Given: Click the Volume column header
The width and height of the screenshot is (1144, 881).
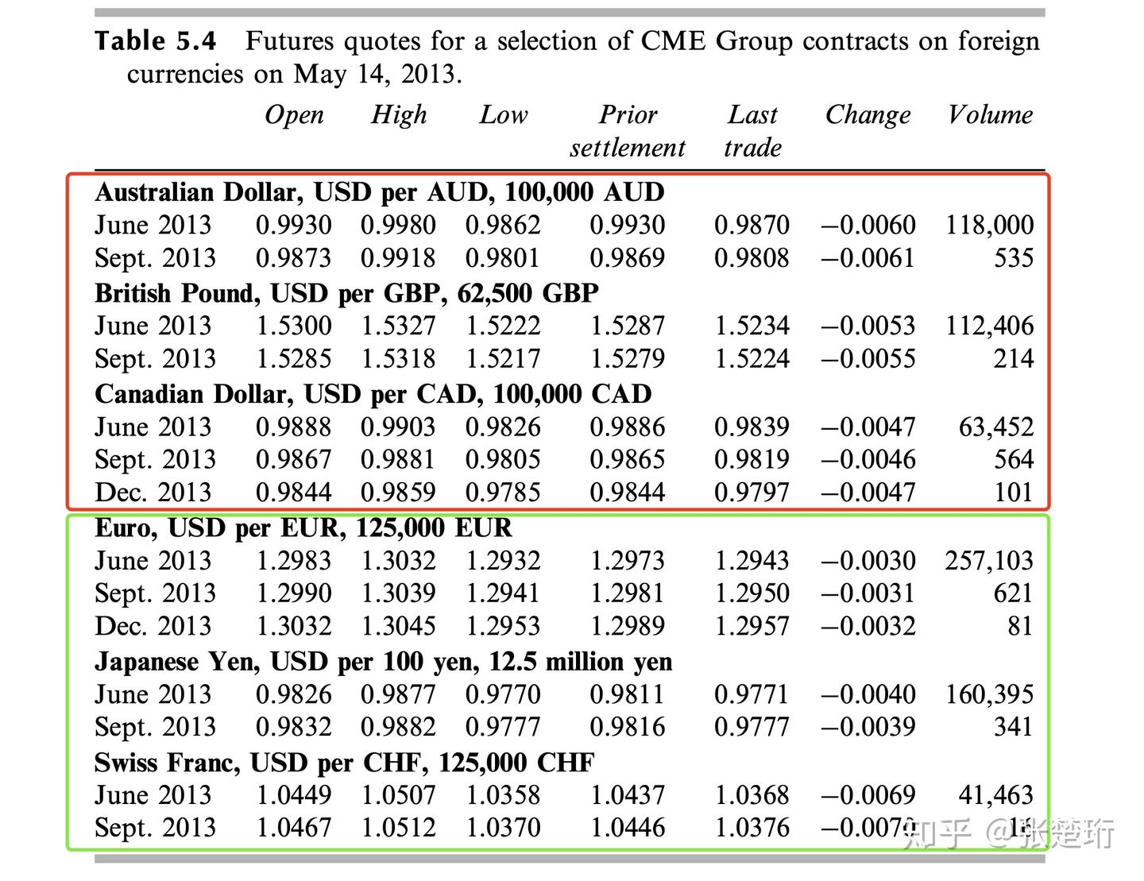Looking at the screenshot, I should [x=990, y=115].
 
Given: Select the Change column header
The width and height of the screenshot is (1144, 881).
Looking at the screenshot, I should [x=868, y=115].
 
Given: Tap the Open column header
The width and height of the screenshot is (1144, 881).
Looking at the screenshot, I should [x=294, y=115].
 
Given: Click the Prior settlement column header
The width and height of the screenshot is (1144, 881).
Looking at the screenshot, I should [x=627, y=131].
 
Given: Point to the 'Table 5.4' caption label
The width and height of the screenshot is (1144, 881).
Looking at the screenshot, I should [x=155, y=41].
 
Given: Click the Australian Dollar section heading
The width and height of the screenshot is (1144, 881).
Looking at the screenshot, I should [x=380, y=192].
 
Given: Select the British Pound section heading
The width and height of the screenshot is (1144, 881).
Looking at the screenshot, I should [x=346, y=293].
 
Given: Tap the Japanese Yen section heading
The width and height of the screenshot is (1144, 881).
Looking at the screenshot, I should [x=383, y=662].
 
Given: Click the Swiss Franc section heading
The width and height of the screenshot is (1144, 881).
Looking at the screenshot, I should [x=344, y=763].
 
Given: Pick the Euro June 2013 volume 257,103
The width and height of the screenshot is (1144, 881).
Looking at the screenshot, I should [x=989, y=561].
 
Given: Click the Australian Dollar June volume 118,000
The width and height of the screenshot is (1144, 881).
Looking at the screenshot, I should [x=989, y=225].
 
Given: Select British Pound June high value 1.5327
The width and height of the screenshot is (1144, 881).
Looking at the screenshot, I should [x=398, y=326].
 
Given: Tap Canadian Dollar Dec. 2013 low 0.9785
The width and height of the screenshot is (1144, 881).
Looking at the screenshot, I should [x=503, y=493].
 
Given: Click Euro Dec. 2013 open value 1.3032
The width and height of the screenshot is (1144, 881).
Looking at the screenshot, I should [x=293, y=626].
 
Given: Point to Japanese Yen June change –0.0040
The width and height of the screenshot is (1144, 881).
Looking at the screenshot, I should [x=868, y=694].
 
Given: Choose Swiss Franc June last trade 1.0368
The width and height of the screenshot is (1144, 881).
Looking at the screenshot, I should [x=752, y=795].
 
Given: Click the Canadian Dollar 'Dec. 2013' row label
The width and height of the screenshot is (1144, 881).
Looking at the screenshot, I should [x=153, y=493].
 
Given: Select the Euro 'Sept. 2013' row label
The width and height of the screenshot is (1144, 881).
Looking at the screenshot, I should [x=155, y=593].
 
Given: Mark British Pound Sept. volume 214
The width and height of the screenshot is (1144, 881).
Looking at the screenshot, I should [x=1013, y=359].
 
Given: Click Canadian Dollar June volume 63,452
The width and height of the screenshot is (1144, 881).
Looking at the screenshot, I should [x=996, y=427].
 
